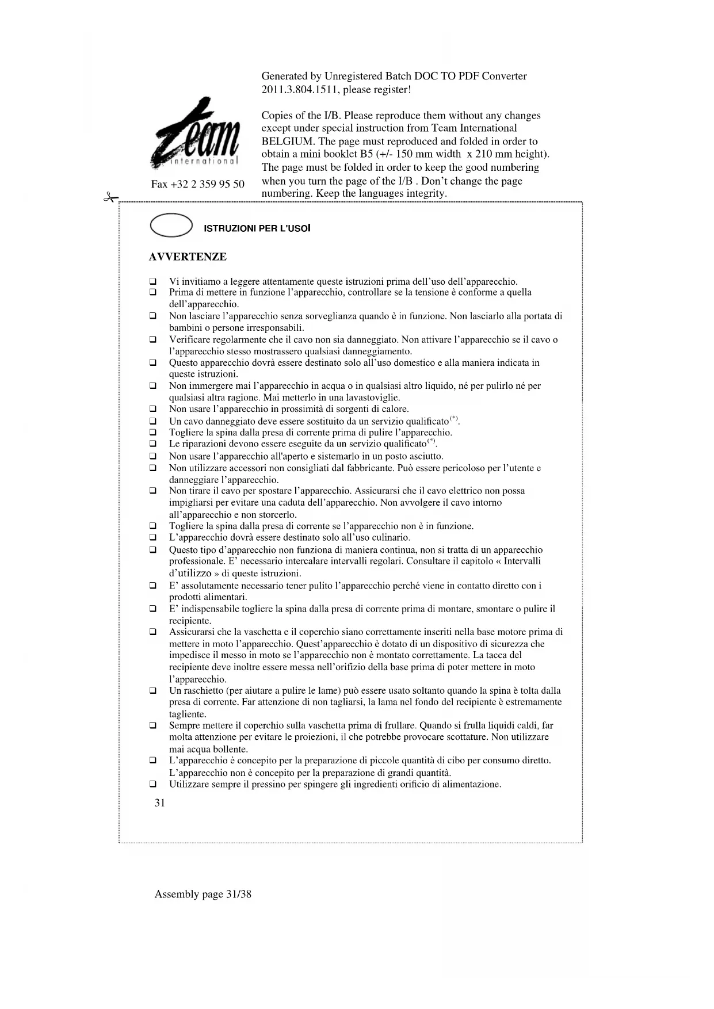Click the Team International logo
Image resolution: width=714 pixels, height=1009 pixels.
click(195, 136)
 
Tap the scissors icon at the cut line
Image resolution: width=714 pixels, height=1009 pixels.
click(109, 197)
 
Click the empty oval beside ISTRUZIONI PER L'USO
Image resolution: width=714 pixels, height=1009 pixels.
click(170, 225)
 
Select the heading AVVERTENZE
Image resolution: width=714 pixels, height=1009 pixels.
click(188, 257)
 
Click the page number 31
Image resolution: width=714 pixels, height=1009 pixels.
click(160, 802)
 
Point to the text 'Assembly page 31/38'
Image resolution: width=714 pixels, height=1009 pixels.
click(203, 894)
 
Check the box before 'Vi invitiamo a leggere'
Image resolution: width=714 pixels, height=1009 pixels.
click(153, 282)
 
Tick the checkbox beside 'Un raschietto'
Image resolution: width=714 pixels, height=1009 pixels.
click(153, 691)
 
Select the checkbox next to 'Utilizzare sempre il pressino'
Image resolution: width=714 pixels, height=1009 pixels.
click(153, 784)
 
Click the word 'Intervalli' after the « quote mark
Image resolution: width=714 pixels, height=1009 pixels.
click(522, 561)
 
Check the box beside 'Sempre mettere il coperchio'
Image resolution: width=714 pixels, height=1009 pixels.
click(153, 726)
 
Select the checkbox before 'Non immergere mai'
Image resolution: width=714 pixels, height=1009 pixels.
click(153, 386)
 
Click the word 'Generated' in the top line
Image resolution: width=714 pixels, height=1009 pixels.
click(284, 76)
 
